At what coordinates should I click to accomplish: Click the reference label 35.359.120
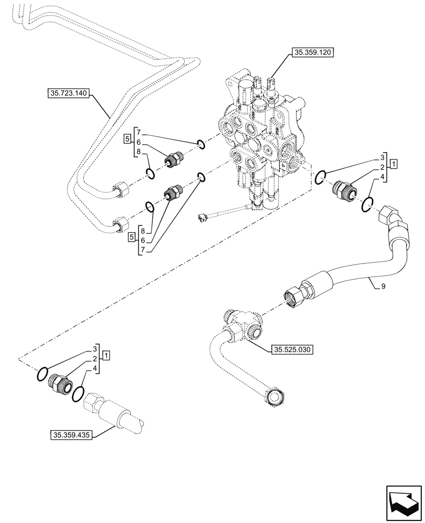pyautogui.click(x=312, y=52)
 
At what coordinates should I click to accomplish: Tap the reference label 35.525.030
pyautogui.click(x=292, y=350)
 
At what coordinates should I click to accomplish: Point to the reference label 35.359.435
pyautogui.click(x=71, y=435)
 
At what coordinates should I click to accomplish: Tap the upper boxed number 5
pyautogui.click(x=127, y=139)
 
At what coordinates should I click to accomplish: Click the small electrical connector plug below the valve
pyautogui.click(x=203, y=218)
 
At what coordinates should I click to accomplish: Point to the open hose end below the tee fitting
pyautogui.click(x=274, y=396)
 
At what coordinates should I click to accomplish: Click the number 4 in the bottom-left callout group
pyautogui.click(x=95, y=369)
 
